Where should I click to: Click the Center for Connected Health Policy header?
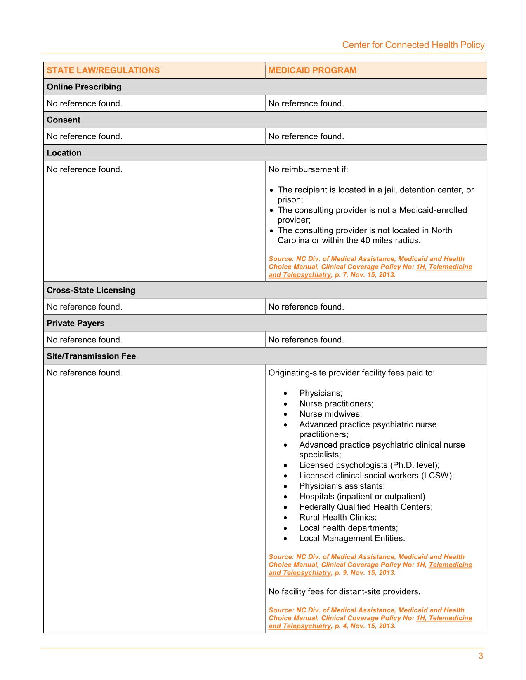(413, 45)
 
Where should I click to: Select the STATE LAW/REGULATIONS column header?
(103, 70)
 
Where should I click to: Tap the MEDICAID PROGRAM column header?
(312, 70)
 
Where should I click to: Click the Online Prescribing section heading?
(84, 87)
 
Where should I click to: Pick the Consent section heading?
(64, 120)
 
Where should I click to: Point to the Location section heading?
(64, 153)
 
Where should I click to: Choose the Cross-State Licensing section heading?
(91, 290)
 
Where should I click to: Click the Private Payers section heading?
(75, 323)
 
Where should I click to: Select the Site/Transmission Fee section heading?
(91, 356)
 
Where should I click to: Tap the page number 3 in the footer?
(481, 656)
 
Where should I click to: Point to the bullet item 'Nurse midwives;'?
(330, 414)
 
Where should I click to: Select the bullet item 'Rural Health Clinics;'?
(338, 517)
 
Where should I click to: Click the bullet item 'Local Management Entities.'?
(352, 538)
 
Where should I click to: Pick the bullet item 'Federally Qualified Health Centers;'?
(366, 507)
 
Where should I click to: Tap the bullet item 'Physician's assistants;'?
(342, 486)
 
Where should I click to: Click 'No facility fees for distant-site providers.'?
(344, 592)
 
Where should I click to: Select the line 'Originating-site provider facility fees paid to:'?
(351, 373)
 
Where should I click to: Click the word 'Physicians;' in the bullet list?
(321, 393)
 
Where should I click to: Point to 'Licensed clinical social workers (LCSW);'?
(376, 476)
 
